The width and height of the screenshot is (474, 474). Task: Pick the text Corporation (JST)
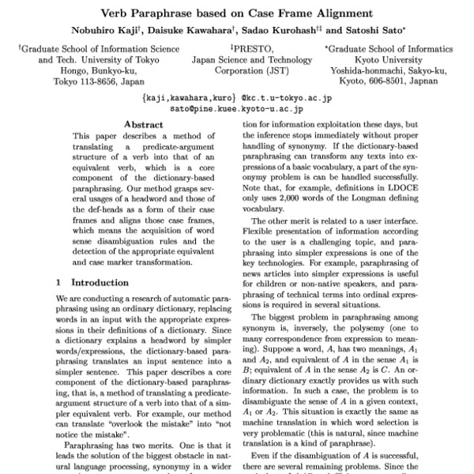pyautogui.click(x=237, y=70)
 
